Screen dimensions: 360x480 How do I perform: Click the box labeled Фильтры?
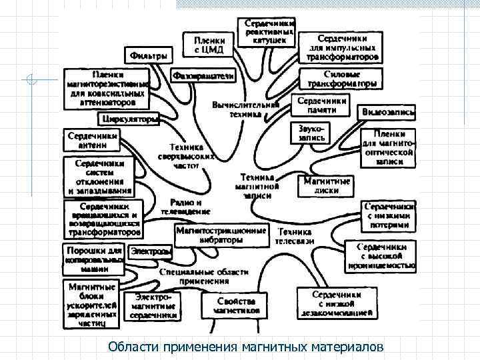[148, 55]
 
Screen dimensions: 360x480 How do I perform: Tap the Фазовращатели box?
[203, 77]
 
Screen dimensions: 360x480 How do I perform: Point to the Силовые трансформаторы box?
[342, 79]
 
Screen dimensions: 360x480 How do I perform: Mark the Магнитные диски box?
[327, 185]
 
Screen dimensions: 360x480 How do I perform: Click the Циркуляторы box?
[129, 119]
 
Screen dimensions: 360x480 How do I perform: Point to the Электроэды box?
[150, 252]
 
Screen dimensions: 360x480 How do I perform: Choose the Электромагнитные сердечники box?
[154, 305]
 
